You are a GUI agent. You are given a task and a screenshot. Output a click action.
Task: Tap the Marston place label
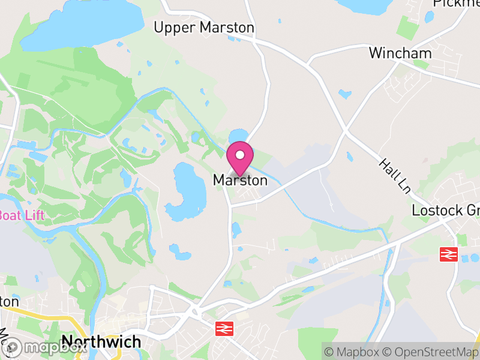coord(240,180)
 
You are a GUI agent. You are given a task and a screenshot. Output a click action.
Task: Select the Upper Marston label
coord(204,28)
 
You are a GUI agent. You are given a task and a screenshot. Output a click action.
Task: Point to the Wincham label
coord(400,53)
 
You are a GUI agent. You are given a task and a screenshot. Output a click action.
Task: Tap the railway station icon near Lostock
coord(449,254)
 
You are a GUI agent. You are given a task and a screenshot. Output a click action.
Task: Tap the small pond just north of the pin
coord(238,135)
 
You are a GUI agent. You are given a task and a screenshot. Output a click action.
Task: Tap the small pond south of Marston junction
coord(236,229)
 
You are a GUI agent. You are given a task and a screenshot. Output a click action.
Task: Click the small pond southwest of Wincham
coord(344,94)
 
